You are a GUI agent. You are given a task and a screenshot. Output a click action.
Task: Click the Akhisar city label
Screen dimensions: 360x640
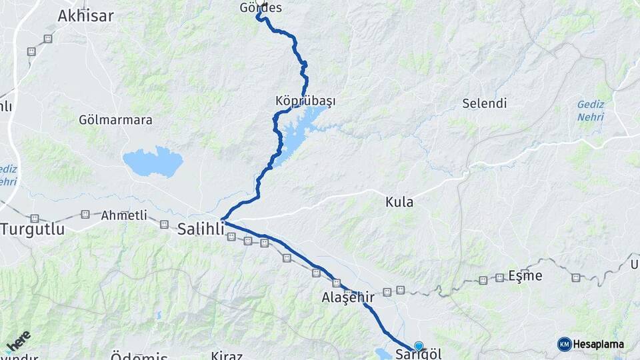tap(85, 16)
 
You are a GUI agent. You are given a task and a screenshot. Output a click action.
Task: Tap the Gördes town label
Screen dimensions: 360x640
tap(261, 9)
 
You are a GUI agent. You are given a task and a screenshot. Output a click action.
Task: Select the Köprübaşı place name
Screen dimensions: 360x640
tap(305, 101)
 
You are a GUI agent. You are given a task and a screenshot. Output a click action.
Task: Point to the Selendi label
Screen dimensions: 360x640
tap(485, 103)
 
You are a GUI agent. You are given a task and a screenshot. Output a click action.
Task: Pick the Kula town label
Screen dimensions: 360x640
tap(399, 201)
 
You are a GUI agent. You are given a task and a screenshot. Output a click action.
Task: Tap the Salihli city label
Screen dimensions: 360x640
tap(201, 229)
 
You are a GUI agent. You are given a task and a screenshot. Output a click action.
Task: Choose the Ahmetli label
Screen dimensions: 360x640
tap(123, 215)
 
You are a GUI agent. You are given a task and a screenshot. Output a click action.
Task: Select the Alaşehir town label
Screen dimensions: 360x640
tap(347, 297)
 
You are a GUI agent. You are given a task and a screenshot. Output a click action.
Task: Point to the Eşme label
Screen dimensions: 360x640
tap(525, 275)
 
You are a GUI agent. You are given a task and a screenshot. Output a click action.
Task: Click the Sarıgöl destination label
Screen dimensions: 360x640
tap(418, 354)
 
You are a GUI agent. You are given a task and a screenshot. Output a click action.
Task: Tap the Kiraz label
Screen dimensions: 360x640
tap(226, 355)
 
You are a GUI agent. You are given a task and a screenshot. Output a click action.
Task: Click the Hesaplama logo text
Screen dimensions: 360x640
tap(599, 344)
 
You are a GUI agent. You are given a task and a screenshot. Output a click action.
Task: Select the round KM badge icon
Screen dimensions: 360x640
tap(564, 344)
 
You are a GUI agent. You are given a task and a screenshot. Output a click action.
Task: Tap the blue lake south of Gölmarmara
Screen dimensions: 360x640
tap(153, 162)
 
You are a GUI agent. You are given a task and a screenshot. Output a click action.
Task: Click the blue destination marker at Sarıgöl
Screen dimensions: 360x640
tap(418, 345)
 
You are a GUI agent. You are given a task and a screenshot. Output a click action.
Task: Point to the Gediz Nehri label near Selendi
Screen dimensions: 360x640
tap(590, 111)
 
